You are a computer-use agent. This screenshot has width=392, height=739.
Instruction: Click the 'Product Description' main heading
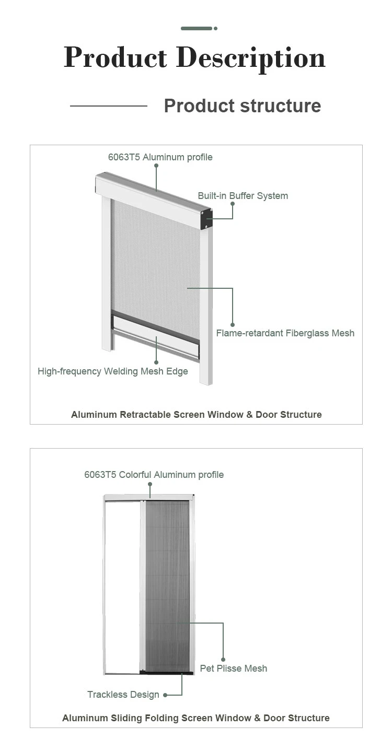pyautogui.click(x=194, y=58)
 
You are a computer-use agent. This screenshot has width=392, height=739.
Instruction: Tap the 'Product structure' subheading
pyautogui.click(x=242, y=106)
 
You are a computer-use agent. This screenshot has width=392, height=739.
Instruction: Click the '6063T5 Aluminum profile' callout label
pyautogui.click(x=160, y=157)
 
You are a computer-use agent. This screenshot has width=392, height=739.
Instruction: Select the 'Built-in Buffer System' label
pyautogui.click(x=243, y=196)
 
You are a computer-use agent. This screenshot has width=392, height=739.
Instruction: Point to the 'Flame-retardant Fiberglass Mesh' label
pyautogui.click(x=285, y=333)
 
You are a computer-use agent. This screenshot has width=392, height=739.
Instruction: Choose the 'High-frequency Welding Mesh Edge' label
pyautogui.click(x=112, y=371)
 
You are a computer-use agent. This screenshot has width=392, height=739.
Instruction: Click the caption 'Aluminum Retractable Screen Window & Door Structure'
pyautogui.click(x=196, y=415)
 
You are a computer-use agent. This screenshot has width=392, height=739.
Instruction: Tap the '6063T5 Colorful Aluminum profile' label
pyautogui.click(x=154, y=475)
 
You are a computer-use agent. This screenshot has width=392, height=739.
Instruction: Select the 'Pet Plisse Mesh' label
pyautogui.click(x=233, y=668)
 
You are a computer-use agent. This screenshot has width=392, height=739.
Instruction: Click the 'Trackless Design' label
pyautogui.click(x=123, y=695)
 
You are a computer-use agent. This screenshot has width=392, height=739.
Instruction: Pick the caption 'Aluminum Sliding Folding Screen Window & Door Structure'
pyautogui.click(x=196, y=718)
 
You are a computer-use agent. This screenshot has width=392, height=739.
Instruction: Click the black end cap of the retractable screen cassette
pyautogui.click(x=206, y=219)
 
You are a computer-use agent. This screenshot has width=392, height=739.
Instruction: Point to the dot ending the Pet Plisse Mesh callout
pyautogui.click(x=223, y=660)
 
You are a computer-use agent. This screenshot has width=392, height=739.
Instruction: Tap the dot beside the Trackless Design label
pyautogui.click(x=165, y=695)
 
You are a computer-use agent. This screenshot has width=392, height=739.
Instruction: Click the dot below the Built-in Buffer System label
pyautogui.click(x=233, y=204)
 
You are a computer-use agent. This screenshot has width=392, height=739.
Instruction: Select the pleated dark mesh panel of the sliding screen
pyautogui.click(x=167, y=585)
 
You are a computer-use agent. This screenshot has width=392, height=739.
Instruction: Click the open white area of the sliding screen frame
pyautogui.click(x=122, y=585)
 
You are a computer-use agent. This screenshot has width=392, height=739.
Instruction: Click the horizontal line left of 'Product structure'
pyautogui.click(x=109, y=106)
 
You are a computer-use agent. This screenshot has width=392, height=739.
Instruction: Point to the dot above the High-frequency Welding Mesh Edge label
pyautogui.click(x=156, y=361)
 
